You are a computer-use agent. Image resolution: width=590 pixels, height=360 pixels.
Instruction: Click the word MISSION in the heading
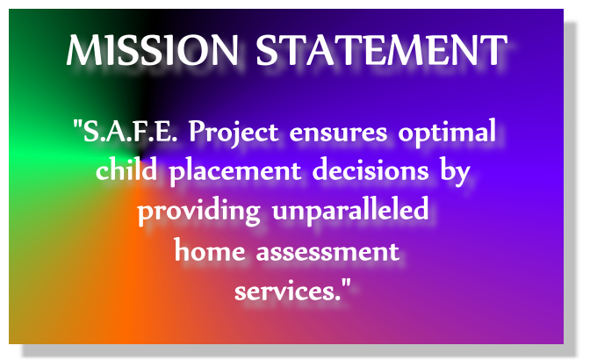pos(153,50)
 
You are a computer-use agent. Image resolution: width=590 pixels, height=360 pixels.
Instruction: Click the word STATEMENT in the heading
pos(382,50)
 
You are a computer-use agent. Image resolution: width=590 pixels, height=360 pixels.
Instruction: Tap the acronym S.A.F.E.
pos(130,132)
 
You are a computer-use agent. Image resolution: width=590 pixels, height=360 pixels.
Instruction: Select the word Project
pos(234,133)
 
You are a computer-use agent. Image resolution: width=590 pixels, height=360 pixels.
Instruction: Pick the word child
pos(126,169)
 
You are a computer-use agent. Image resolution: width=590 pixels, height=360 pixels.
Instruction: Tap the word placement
pos(235,172)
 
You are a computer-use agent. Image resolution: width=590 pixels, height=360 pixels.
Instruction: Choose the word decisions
pos(371,169)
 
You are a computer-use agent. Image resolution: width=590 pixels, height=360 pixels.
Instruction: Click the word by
pos(455,172)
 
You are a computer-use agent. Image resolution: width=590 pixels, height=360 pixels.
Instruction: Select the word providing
pos(199,212)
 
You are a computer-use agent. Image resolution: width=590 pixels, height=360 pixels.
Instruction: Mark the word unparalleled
pos(350,211)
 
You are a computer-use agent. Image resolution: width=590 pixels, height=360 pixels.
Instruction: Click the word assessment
pos(327,251)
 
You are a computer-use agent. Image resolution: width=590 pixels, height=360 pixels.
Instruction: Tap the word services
pos(288,292)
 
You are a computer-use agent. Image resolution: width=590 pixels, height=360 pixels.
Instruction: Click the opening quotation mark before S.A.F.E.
pos(77,124)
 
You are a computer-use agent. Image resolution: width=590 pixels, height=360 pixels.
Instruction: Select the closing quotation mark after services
pos(346,283)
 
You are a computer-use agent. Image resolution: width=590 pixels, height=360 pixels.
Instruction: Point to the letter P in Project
pos(198,132)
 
